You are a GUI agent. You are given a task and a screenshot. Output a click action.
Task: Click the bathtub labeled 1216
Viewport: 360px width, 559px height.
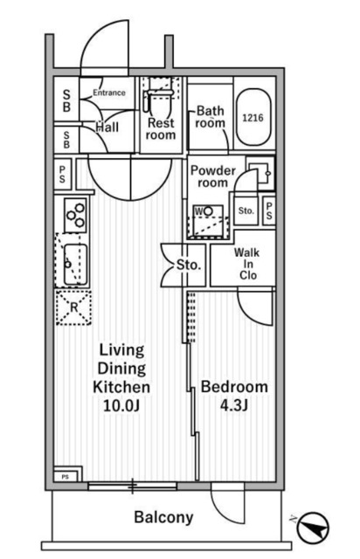point(253,117)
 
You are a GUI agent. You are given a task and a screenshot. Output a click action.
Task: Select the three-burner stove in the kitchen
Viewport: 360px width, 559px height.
point(76,216)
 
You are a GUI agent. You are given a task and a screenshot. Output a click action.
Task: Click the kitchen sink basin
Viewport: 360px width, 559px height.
point(75,264)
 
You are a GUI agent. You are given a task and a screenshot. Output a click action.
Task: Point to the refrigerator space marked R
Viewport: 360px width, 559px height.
point(73,307)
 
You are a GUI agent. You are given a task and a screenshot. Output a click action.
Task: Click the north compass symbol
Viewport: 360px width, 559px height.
point(313,527)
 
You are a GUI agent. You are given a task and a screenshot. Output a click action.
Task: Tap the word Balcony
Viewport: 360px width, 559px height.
point(163,517)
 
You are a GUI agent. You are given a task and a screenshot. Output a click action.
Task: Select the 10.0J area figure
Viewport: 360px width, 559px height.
point(121,405)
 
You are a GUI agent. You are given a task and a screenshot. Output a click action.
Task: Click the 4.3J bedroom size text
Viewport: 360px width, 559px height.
point(234,405)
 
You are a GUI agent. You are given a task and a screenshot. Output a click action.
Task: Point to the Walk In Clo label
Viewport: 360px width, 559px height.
point(247,264)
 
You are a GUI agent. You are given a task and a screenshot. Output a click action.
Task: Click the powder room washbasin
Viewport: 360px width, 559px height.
point(260,173)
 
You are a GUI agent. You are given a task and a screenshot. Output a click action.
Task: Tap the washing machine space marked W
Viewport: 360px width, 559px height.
point(208,220)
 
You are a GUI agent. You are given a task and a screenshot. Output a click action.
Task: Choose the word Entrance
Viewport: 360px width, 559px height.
point(109,93)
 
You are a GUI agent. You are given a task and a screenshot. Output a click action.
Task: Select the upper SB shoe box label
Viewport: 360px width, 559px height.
point(66,100)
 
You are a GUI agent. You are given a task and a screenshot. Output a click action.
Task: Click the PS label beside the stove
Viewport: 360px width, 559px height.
point(62,174)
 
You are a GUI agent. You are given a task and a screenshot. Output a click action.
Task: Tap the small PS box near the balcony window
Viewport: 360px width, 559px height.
point(65,477)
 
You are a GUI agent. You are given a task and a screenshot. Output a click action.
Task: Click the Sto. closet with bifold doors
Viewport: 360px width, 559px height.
point(183,265)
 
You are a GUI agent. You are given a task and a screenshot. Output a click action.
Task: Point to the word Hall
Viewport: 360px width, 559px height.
point(107,128)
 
